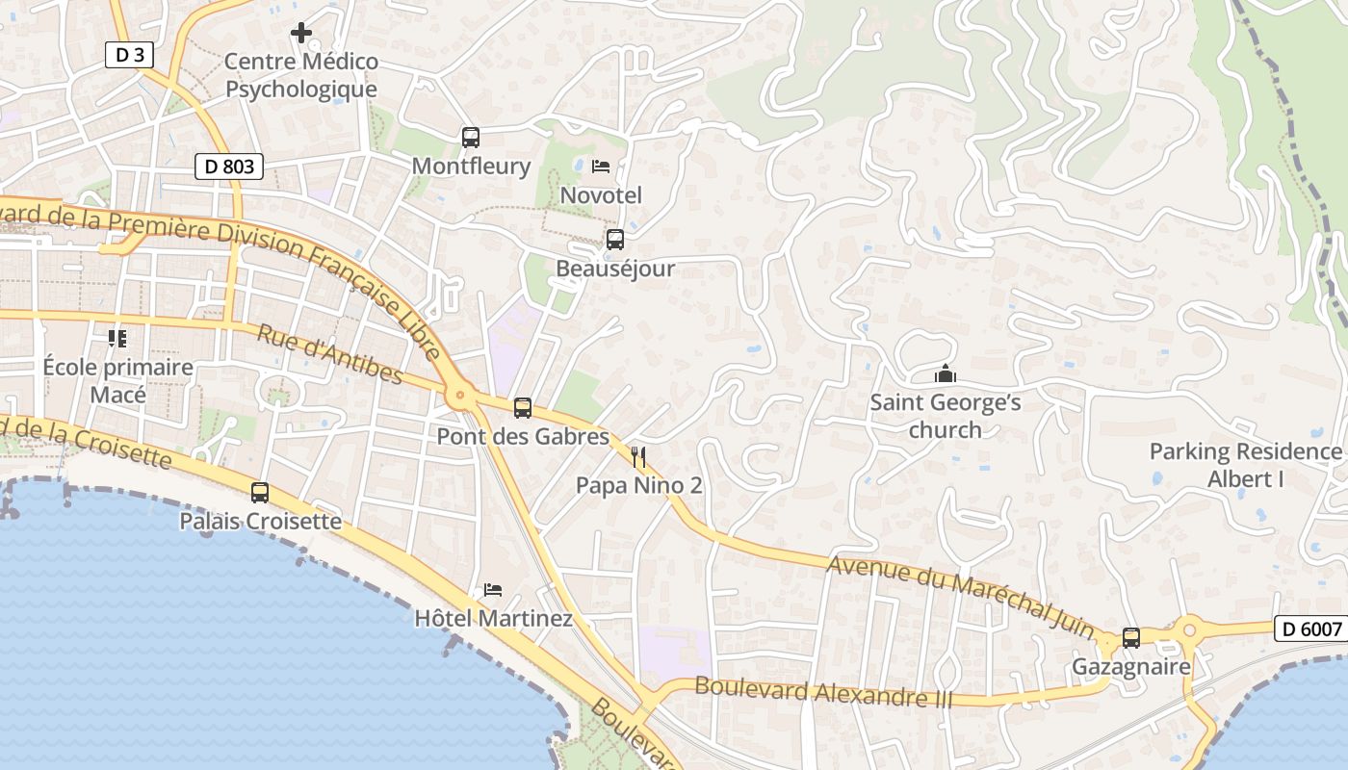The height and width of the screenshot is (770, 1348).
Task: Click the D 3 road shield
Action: pyautogui.click(x=129, y=55)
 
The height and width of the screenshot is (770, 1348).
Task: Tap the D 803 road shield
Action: pyautogui.click(x=230, y=167)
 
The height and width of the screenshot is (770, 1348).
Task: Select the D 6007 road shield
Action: pyautogui.click(x=1311, y=629)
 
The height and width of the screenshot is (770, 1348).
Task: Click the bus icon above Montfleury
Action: pyautogui.click(x=470, y=137)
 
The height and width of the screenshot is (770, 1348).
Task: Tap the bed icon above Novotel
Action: pyautogui.click(x=601, y=167)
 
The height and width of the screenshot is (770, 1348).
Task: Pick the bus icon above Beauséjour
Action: pyautogui.click(x=614, y=239)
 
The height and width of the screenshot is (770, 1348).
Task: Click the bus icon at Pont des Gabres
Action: pyautogui.click(x=522, y=408)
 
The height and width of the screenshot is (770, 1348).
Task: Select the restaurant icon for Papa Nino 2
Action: pyautogui.click(x=637, y=456)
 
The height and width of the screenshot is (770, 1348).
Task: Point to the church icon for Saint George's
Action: pyautogui.click(x=945, y=373)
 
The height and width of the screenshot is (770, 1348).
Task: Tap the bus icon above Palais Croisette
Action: pyautogui.click(x=260, y=493)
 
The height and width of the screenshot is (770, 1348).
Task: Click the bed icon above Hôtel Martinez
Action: pyautogui.click(x=493, y=589)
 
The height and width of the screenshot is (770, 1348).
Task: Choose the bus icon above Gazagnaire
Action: pyautogui.click(x=1131, y=638)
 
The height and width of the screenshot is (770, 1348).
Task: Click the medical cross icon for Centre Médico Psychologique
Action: pyautogui.click(x=301, y=33)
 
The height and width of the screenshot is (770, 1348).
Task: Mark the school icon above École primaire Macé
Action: pyautogui.click(x=117, y=338)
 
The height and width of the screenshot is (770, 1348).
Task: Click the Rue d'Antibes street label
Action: pyautogui.click(x=329, y=354)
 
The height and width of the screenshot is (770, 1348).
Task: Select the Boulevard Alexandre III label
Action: pyautogui.click(x=823, y=692)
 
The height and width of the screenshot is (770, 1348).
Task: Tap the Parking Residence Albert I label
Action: pyautogui.click(x=1246, y=465)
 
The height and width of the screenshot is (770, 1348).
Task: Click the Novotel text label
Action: pyautogui.click(x=601, y=195)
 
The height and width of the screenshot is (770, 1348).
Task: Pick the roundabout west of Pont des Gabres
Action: pyautogui.click(x=460, y=394)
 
